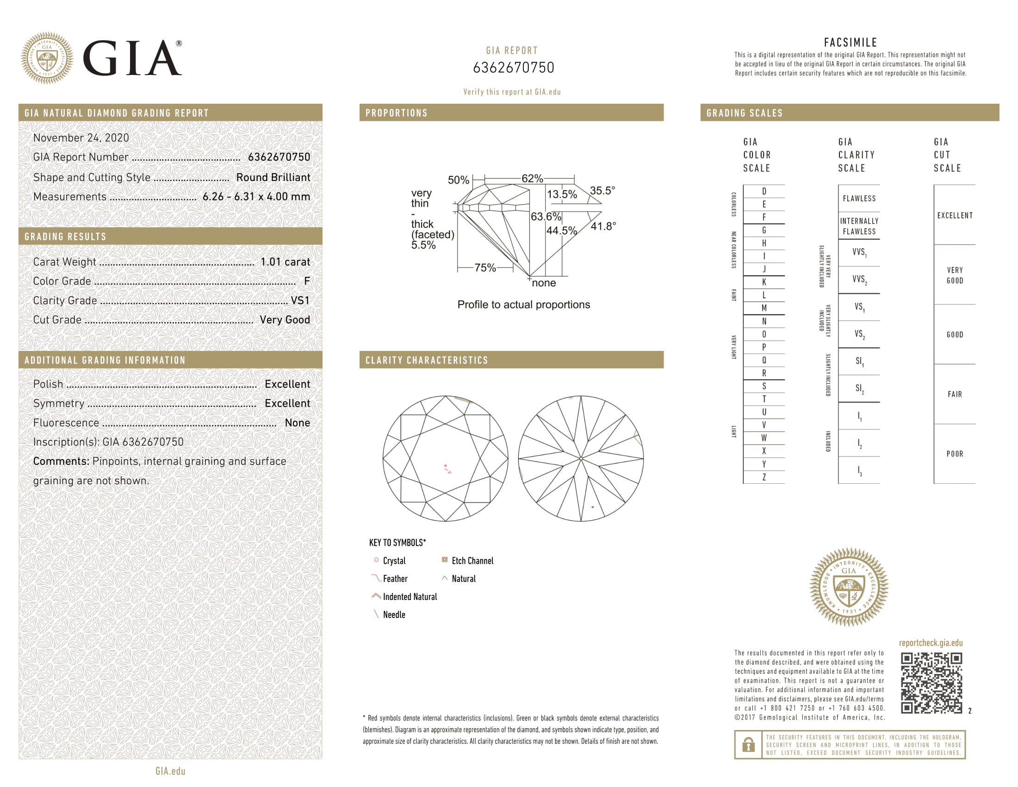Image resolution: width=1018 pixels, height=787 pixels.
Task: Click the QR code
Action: coord(931,683)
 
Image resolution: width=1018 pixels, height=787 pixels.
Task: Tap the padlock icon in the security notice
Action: coord(748,744)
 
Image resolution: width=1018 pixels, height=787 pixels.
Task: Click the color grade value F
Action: coord(307,281)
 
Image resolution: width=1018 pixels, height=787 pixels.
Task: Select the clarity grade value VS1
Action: coord(300,301)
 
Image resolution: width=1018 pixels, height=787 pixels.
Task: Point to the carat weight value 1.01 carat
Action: coord(285,262)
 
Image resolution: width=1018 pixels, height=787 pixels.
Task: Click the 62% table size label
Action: coord(532,179)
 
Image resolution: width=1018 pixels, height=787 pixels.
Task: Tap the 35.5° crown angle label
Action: coord(602,191)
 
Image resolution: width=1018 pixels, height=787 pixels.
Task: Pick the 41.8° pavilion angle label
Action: coord(603,226)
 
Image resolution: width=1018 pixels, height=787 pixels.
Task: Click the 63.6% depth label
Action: coord(546,217)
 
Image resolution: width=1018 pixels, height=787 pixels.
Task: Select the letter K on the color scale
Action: coord(764,282)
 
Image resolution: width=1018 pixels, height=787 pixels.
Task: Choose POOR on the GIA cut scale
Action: coord(955,454)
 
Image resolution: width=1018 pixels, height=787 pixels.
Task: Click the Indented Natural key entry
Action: coord(409,597)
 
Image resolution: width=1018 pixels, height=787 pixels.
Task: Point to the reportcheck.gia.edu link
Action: coord(931,643)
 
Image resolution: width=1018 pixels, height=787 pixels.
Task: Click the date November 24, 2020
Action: coord(81,138)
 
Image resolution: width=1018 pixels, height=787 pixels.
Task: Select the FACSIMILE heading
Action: coord(850,43)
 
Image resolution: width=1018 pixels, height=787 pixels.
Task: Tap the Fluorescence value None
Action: coord(297,423)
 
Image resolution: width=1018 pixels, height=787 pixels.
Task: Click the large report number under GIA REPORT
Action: coord(513,68)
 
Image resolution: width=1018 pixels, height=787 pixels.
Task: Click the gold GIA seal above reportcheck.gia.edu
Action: coord(848,587)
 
